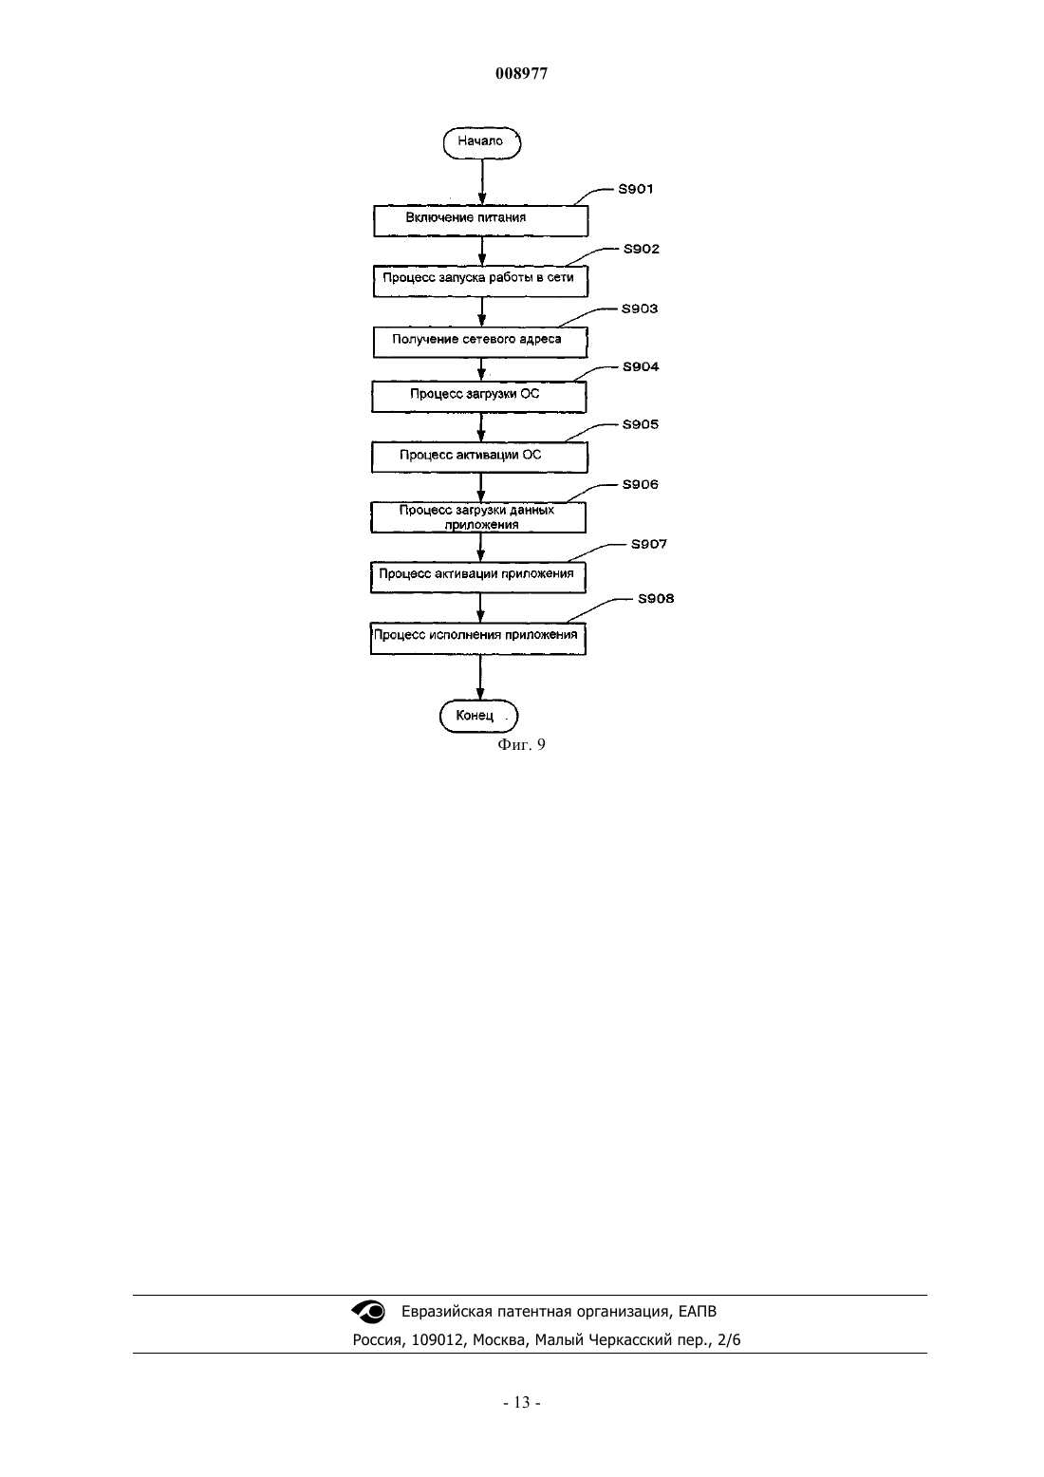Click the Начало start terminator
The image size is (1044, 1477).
(x=482, y=143)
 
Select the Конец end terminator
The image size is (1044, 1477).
(x=479, y=716)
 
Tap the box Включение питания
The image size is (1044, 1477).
(x=480, y=220)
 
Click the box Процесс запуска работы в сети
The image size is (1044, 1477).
(x=480, y=281)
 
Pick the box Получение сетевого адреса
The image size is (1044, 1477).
(x=480, y=343)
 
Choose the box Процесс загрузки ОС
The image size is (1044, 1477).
(x=479, y=397)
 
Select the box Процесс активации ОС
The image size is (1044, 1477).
(x=479, y=457)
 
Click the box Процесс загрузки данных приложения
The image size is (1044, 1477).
(x=478, y=517)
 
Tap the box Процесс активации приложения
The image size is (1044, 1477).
(x=478, y=577)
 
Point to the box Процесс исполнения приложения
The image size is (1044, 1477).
(x=478, y=638)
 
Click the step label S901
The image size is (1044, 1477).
(x=635, y=189)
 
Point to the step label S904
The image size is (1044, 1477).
(x=641, y=366)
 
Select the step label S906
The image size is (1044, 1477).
(x=640, y=485)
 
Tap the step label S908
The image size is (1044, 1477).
(x=656, y=599)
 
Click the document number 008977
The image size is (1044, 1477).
(x=521, y=73)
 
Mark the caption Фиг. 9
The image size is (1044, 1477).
(x=521, y=744)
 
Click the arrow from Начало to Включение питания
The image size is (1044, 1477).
(x=482, y=182)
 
